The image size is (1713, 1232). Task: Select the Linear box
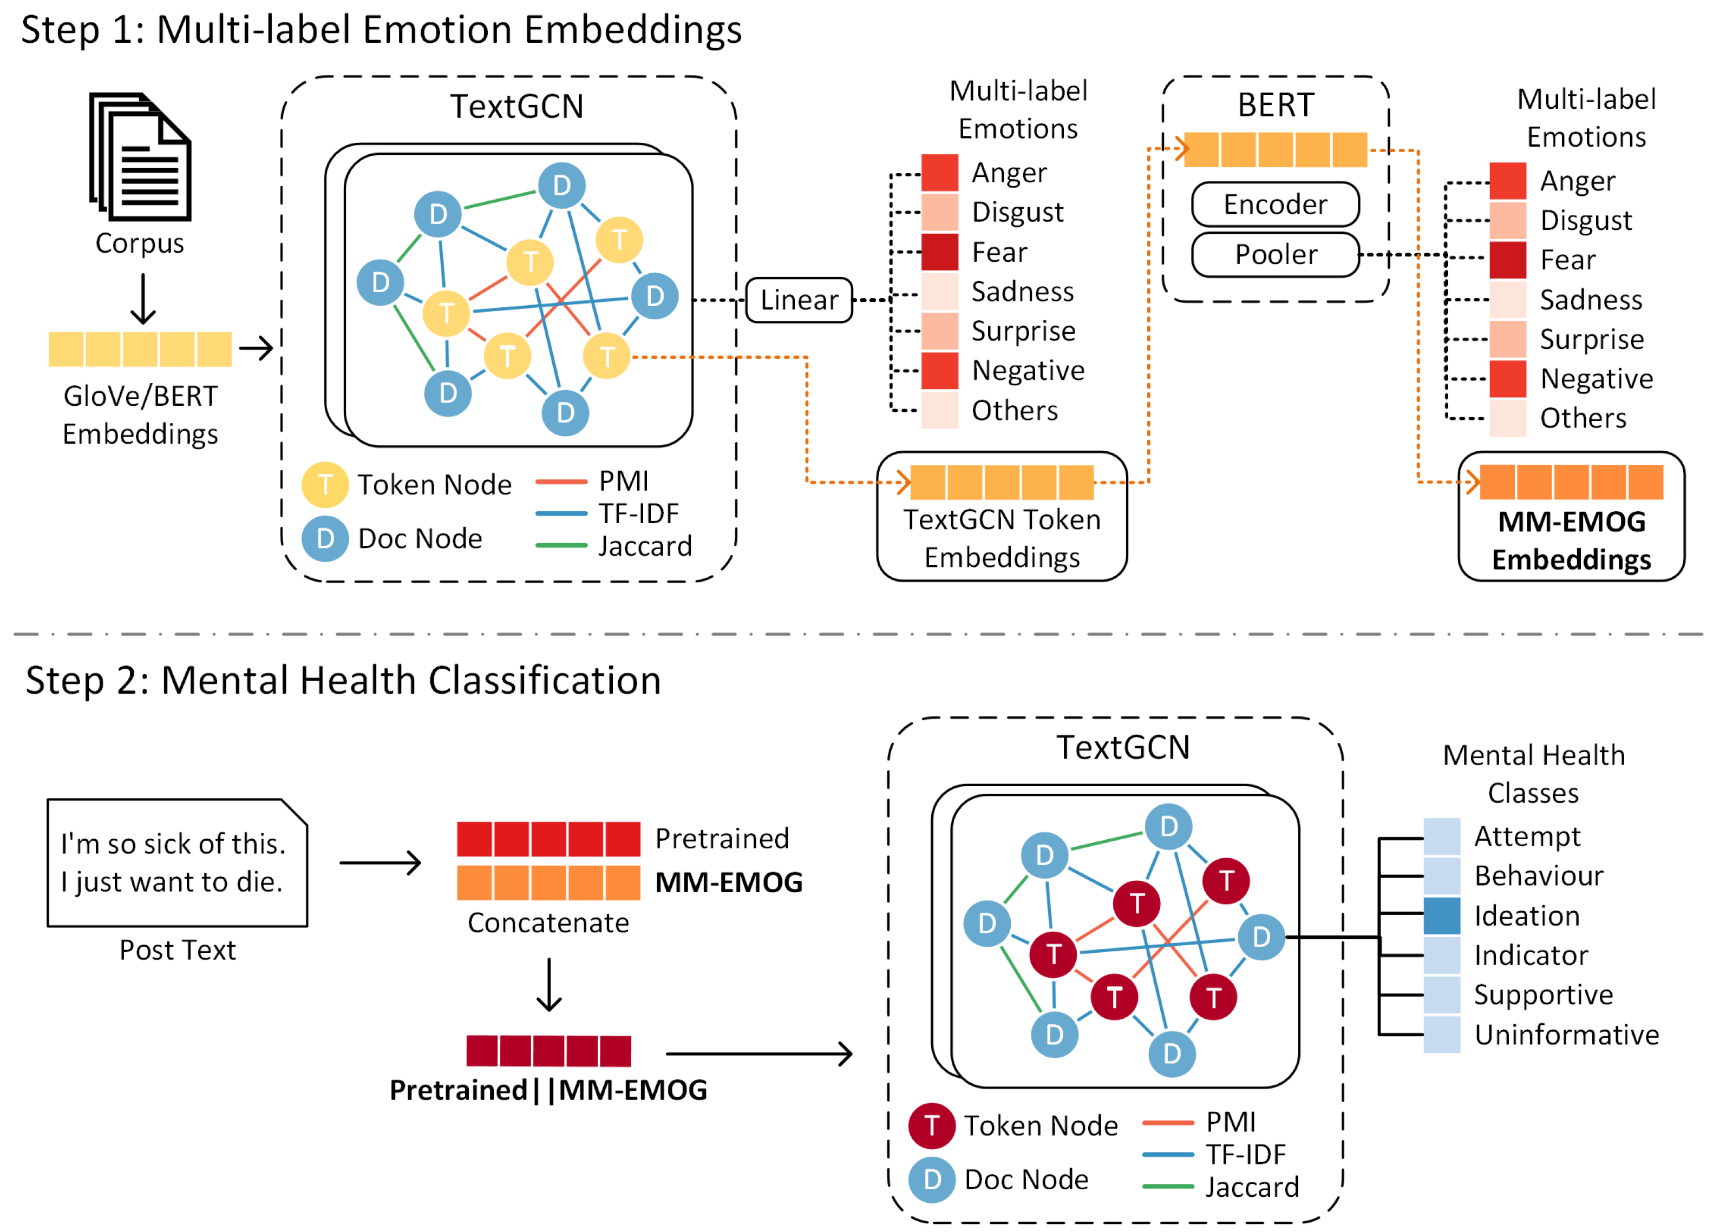(799, 300)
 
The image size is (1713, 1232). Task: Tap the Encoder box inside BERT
(1275, 204)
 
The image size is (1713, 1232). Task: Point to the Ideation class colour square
(1441, 915)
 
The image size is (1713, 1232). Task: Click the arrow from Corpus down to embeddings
(143, 299)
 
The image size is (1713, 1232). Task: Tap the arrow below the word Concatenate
(548, 984)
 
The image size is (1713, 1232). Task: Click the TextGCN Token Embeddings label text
(1002, 538)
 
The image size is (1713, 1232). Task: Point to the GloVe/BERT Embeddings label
(140, 414)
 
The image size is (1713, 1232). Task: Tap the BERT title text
(1275, 104)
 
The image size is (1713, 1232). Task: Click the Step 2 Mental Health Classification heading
(344, 680)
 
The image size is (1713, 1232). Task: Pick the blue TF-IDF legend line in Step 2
(1168, 1154)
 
